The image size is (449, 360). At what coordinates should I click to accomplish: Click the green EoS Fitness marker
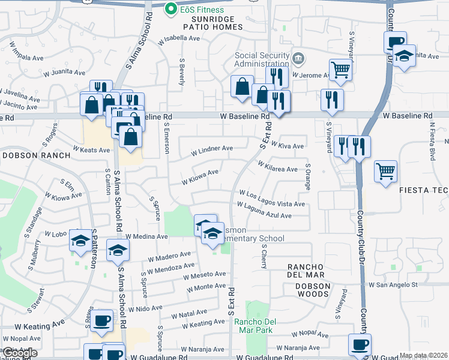click(170, 9)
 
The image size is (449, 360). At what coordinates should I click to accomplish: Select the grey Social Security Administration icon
click(298, 58)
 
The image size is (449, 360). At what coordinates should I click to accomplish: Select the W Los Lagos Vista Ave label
click(272, 199)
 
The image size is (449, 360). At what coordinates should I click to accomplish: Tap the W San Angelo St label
click(393, 284)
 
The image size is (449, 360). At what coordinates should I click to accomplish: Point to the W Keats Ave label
click(89, 148)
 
